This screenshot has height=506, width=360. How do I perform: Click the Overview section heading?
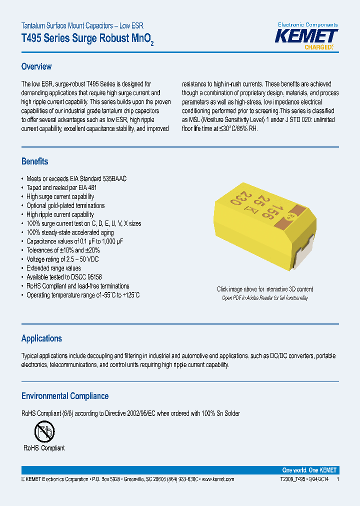pos(36,66)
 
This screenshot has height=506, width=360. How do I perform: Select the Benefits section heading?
pos(34,161)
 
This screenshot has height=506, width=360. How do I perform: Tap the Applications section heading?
pos(41,338)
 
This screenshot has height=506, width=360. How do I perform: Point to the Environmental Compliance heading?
pos(64,396)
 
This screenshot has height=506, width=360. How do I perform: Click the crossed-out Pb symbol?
pos(44,430)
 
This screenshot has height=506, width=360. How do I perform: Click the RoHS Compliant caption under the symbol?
pos(44,448)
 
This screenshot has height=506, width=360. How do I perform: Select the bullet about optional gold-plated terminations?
pos(65,205)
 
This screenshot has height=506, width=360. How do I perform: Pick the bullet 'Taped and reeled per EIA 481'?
pos(61,187)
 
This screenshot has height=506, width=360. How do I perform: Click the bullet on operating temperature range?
pos(83,295)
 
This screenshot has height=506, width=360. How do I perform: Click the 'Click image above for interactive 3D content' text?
pos(265,289)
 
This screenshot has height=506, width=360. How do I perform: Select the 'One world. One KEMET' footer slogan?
pos(309,470)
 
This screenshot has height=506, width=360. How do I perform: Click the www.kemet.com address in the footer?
pos(216,479)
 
